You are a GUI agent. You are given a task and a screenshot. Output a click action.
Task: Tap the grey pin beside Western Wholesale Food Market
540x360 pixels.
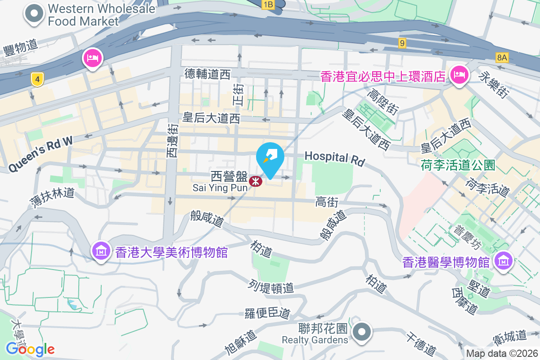(x=34, y=14)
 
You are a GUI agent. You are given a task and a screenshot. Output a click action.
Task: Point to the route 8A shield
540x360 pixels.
(x=502, y=57)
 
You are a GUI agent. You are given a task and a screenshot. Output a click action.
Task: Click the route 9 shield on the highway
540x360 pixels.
(x=402, y=43)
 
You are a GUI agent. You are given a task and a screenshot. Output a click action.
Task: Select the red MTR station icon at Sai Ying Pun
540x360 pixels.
(x=256, y=181)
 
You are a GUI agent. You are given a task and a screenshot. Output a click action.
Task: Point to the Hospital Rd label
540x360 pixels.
(x=334, y=158)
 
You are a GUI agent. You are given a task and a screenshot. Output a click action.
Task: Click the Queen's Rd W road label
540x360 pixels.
(x=40, y=154)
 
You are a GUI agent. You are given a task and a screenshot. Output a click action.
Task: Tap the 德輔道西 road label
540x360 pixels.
(x=207, y=74)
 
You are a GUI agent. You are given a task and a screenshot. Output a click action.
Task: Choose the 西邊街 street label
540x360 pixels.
(x=172, y=141)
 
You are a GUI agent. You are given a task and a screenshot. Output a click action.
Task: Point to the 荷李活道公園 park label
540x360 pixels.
(x=458, y=165)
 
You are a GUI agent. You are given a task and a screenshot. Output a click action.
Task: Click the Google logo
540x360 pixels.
(x=30, y=349)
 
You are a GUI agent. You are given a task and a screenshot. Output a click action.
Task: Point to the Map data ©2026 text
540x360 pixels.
(x=501, y=353)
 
